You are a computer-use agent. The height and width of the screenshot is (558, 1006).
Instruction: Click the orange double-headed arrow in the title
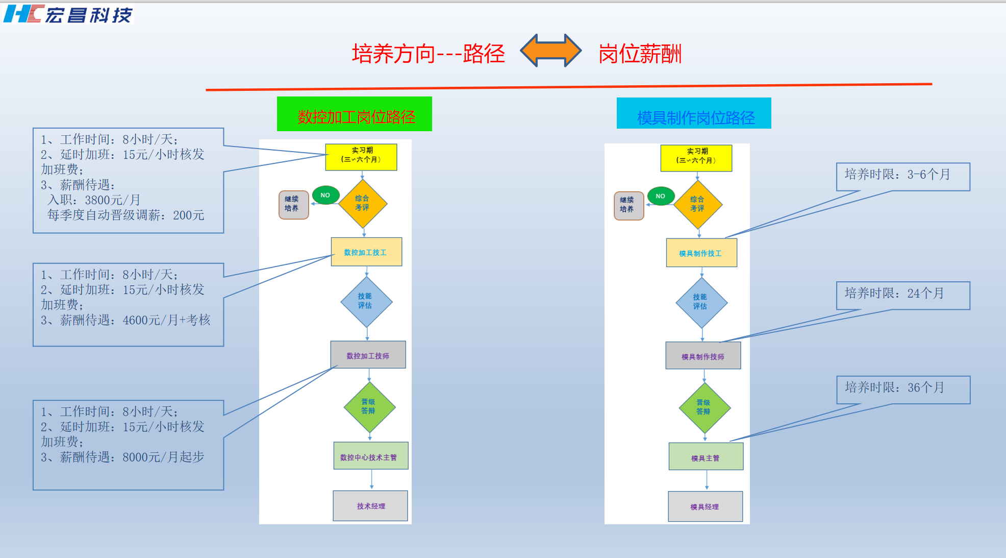(x=550, y=51)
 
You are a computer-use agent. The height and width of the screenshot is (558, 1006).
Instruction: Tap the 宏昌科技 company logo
(x=68, y=14)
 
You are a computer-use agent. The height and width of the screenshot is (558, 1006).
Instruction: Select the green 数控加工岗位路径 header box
(x=355, y=114)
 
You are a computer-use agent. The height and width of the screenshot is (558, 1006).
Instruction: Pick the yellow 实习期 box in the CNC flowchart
(x=361, y=157)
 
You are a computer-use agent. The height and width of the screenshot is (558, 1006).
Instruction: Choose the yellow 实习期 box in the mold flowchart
(x=696, y=158)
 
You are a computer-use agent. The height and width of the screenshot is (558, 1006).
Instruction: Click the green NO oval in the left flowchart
(x=325, y=195)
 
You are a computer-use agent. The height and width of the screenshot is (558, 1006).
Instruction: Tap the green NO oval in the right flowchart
(x=661, y=196)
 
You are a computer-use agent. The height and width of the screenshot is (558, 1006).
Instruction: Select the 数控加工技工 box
(x=366, y=252)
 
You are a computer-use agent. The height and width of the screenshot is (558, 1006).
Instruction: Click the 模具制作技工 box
(x=701, y=253)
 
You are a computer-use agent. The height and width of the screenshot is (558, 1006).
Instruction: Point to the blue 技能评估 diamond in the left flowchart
(x=366, y=302)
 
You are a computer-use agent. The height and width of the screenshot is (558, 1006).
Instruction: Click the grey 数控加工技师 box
(x=368, y=355)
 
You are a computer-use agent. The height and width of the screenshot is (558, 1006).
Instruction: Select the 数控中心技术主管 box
(x=370, y=456)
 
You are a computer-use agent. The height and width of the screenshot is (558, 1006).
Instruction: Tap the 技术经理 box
(x=370, y=506)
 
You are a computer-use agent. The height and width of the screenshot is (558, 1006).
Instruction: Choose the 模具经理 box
(x=705, y=506)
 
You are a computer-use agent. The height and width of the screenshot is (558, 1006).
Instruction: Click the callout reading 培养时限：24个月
(x=903, y=295)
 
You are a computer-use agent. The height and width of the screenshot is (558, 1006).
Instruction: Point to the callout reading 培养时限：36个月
(x=903, y=390)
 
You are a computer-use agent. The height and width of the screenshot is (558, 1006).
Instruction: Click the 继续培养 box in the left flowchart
(x=293, y=205)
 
